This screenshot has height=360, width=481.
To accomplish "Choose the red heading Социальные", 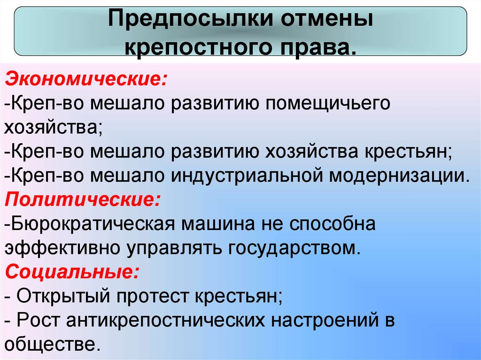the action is click(72, 272).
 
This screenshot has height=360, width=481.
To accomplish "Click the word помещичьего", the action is click(327, 103).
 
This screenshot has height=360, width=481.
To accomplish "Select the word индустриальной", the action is click(247, 176).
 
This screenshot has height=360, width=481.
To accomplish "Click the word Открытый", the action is click(63, 296).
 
